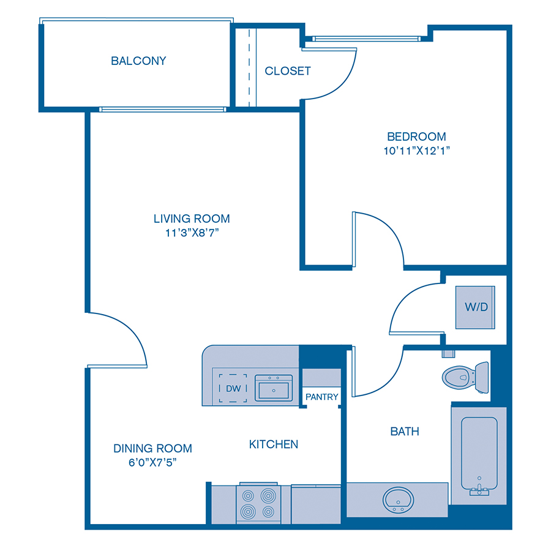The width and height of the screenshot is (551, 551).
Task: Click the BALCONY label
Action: pyautogui.click(x=138, y=61)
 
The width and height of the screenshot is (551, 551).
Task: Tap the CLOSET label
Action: pyautogui.click(x=288, y=71)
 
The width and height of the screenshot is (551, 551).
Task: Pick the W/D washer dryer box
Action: pyautogui.click(x=476, y=307)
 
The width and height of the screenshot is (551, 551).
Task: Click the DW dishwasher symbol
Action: pyautogui.click(x=233, y=389)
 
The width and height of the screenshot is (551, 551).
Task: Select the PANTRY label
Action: pyautogui.click(x=322, y=397)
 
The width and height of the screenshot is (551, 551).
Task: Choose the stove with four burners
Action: pyautogui.click(x=258, y=503)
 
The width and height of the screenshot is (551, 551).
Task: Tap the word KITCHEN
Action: pyautogui.click(x=274, y=444)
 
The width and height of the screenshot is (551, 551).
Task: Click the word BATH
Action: pyautogui.click(x=405, y=432)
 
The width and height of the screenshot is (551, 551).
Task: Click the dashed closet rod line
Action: pyautogui.click(x=249, y=67)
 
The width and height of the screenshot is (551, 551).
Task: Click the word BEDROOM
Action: pyautogui.click(x=416, y=137)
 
